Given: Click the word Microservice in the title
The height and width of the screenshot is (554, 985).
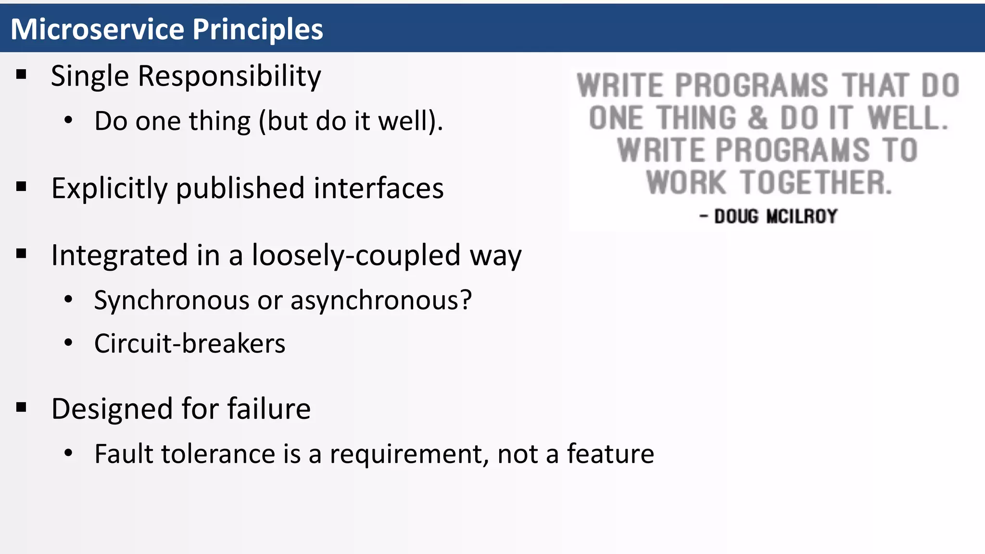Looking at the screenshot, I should click(98, 29).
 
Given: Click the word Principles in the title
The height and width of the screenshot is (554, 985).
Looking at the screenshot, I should click(258, 30).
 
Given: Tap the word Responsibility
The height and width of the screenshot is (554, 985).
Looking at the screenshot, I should click(229, 77).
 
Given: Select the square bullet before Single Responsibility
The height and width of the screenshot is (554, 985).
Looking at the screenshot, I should click(21, 75).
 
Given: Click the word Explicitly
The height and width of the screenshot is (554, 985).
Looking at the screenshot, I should click(109, 189).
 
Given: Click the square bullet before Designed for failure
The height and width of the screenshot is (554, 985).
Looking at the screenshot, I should click(21, 407).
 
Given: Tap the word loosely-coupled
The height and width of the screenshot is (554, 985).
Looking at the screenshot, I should click(356, 255).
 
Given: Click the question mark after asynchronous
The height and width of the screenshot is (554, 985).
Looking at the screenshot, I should click(466, 300).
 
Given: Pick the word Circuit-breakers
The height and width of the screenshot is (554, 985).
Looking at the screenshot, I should click(189, 343).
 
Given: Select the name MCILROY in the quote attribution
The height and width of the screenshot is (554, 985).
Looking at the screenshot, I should click(802, 216).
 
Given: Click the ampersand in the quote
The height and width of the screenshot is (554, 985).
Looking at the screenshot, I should click(758, 118).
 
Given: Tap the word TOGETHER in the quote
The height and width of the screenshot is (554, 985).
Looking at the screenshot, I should click(816, 183).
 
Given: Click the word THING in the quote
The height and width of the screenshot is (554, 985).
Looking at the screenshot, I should click(696, 118).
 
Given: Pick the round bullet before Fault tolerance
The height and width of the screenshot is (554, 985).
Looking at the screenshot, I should click(68, 453).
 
